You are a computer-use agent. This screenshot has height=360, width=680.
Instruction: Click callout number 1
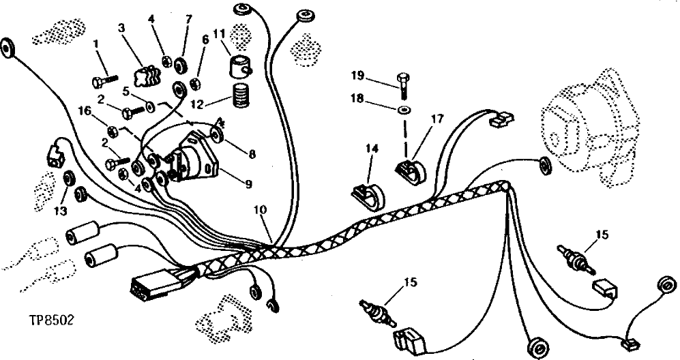tap(96, 44)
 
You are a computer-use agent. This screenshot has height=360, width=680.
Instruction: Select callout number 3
tap(121, 28)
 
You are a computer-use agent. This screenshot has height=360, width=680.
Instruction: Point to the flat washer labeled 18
tap(404, 110)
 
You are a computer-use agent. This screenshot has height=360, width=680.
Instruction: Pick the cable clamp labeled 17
tap(411, 170)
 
